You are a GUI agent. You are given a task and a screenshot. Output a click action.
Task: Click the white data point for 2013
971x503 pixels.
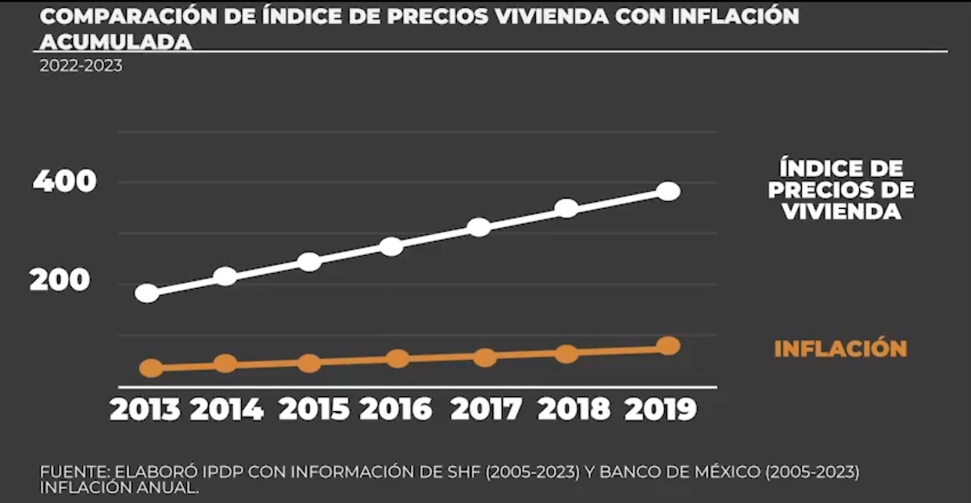(x=147, y=293)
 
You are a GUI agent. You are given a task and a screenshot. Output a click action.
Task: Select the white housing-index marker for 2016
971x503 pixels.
(x=392, y=246)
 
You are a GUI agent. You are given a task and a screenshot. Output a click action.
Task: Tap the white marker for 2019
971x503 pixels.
(x=668, y=192)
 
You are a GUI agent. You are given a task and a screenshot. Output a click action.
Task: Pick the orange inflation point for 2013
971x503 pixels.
(x=151, y=369)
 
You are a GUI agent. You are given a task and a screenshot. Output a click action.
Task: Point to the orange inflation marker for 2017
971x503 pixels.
(x=485, y=357)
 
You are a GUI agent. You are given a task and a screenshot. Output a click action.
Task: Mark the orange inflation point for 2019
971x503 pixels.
(x=668, y=346)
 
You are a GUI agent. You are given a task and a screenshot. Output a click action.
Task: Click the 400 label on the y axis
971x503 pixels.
(x=64, y=181)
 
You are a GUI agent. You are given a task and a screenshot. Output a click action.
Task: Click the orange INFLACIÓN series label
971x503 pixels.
(x=840, y=349)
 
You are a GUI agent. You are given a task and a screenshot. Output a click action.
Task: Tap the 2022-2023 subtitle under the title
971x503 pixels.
(x=81, y=66)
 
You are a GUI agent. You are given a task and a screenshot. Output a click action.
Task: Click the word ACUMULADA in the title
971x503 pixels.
(x=116, y=42)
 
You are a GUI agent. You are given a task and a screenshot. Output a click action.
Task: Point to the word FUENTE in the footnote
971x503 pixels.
(x=72, y=472)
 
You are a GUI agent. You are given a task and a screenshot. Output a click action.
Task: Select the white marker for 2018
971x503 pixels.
(x=566, y=208)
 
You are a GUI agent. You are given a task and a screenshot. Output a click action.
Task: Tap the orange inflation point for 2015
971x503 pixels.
(x=310, y=363)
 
